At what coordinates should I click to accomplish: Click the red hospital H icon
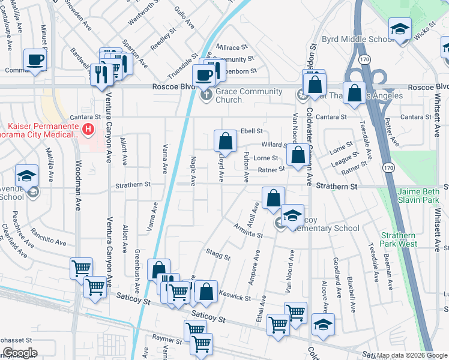[x=88, y=128]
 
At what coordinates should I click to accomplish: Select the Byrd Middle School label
[x=358, y=40]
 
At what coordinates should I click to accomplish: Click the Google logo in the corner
[x=20, y=353]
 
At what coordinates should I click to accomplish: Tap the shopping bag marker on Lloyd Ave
[x=225, y=142]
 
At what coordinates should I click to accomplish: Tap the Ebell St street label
[x=252, y=131]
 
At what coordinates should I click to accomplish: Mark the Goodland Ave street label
[x=336, y=272]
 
